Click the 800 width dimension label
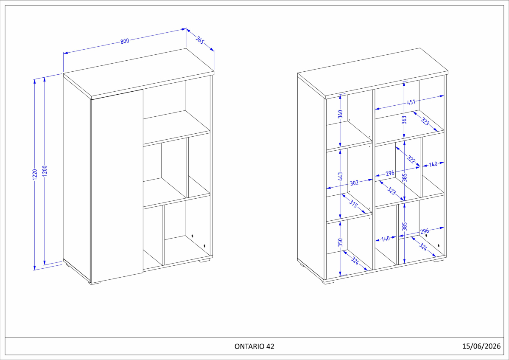125,41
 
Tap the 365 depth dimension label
200,40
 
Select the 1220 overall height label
35,174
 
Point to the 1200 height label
45,171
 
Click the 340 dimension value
340,114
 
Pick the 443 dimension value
340,177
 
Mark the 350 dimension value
340,242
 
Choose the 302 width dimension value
354,183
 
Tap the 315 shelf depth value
353,204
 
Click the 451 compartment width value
411,102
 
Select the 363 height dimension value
404,120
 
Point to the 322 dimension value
411,160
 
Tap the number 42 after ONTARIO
271,346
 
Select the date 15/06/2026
481,346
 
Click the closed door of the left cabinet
117,186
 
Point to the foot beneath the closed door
94,283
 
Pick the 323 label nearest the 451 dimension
425,121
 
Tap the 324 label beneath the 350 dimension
355,261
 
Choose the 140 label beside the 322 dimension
433,164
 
